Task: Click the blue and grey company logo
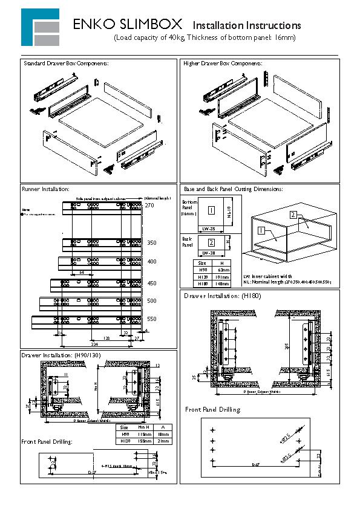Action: pos(40,27)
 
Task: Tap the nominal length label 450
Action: pos(151,283)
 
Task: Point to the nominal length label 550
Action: pos(151,319)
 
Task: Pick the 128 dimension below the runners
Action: pos(106,339)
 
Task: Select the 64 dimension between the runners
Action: pos(81,273)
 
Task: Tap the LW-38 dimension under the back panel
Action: pos(209,253)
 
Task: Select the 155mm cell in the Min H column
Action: pos(144,442)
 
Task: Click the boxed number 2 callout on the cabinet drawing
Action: pos(293,215)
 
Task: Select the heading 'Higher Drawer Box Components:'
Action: pos(222,63)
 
